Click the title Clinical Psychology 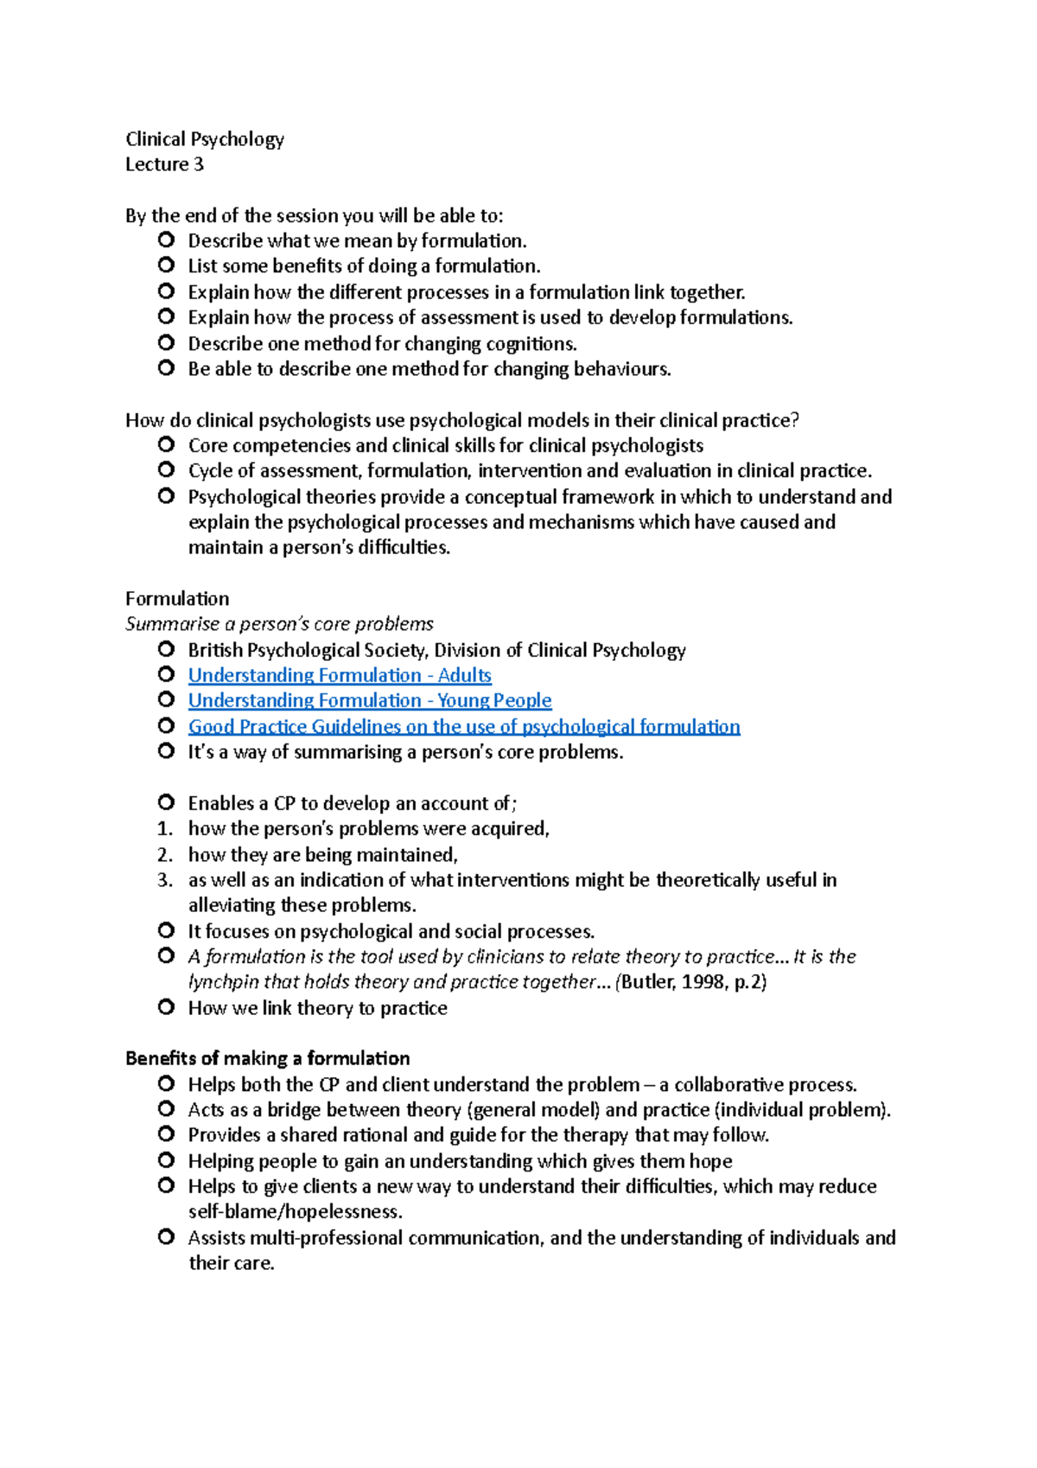point(204,139)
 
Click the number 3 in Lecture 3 point(199,164)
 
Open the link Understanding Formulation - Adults point(340,675)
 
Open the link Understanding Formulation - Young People point(370,700)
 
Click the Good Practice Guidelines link point(464,726)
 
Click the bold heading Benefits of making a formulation point(267,1058)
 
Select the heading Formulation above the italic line point(177,598)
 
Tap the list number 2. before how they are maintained point(165,855)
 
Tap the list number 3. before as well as point(165,880)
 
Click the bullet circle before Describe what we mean point(167,240)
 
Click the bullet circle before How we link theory point(167,1007)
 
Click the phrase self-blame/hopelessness point(295,1211)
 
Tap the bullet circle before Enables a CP point(167,803)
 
